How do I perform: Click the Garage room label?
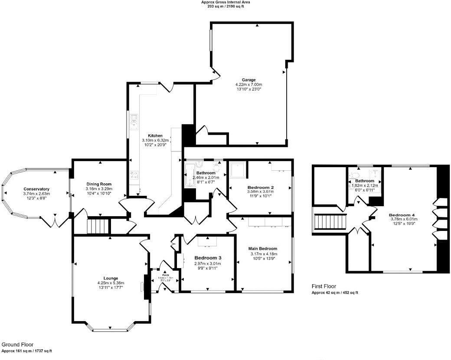(248, 80)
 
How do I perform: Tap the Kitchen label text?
(155, 136)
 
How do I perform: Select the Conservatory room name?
(36, 189)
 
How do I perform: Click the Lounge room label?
(111, 278)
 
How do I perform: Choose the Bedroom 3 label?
(207, 258)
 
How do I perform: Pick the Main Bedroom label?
(263, 249)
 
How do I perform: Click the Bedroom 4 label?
(403, 214)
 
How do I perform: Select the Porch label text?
(165, 275)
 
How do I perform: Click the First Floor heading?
(324, 286)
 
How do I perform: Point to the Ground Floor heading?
(17, 345)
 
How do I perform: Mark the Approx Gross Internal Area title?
(225, 2)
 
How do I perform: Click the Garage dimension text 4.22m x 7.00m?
(248, 84)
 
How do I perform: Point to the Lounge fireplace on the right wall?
(143, 286)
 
